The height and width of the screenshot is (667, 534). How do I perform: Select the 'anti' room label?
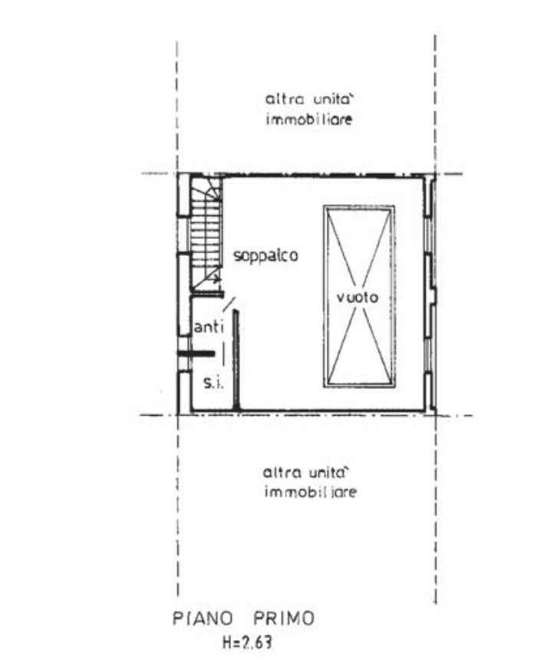point(211,328)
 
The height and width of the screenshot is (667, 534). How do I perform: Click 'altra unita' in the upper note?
point(308,101)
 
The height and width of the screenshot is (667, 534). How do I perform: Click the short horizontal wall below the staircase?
point(207,294)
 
